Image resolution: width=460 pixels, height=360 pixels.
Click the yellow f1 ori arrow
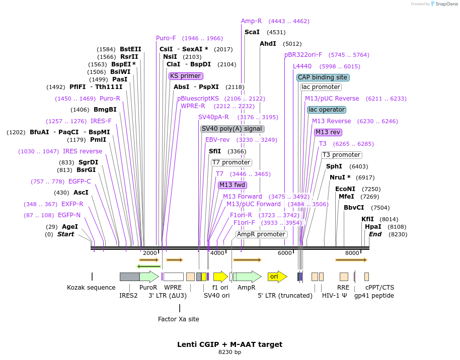(x=220, y=277)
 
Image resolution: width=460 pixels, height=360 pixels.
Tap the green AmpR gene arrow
(x=247, y=277)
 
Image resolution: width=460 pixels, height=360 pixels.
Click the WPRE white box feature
(x=173, y=277)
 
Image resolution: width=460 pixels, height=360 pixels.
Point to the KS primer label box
(x=186, y=76)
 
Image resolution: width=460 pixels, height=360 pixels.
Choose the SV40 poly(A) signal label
(x=233, y=129)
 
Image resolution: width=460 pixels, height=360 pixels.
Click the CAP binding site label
(x=323, y=77)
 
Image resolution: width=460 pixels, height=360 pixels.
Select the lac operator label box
(x=327, y=110)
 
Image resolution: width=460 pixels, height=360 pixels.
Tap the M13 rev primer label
(x=328, y=132)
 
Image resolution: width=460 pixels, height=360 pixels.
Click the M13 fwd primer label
(x=233, y=185)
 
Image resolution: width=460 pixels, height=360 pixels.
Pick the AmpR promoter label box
(x=261, y=234)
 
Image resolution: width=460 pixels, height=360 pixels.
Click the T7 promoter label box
(x=232, y=162)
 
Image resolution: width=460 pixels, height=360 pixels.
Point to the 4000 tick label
(x=217, y=253)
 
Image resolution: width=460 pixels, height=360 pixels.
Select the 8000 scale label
(x=352, y=253)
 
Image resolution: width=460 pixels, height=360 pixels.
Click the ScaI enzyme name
(x=252, y=32)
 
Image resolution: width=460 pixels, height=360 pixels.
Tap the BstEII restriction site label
(x=130, y=49)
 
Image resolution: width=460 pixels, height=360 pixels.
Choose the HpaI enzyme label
(x=373, y=227)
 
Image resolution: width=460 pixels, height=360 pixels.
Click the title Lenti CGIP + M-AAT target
(x=229, y=344)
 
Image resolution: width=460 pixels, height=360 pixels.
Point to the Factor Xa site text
(x=179, y=319)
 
